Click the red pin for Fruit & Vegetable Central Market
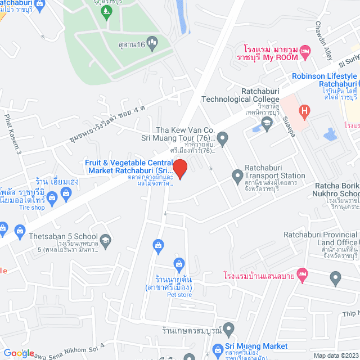point(179,168)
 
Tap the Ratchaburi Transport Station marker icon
point(237,175)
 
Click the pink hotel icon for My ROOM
point(305,51)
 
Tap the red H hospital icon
point(304,111)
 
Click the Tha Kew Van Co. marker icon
point(223,137)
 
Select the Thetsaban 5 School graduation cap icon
point(105,241)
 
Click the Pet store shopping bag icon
point(179,263)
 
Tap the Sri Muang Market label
point(256,346)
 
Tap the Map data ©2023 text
point(335,355)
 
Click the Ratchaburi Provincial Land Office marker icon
point(336,277)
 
